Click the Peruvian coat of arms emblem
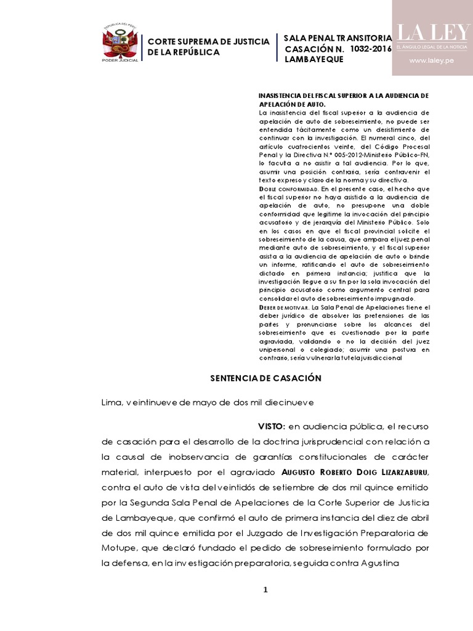[x=120, y=43]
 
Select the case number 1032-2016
[x=370, y=49]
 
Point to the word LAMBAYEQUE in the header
[x=313, y=59]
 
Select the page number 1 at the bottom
[x=265, y=590]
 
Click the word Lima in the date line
[x=111, y=402]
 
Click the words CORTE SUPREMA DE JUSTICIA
[x=209, y=41]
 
